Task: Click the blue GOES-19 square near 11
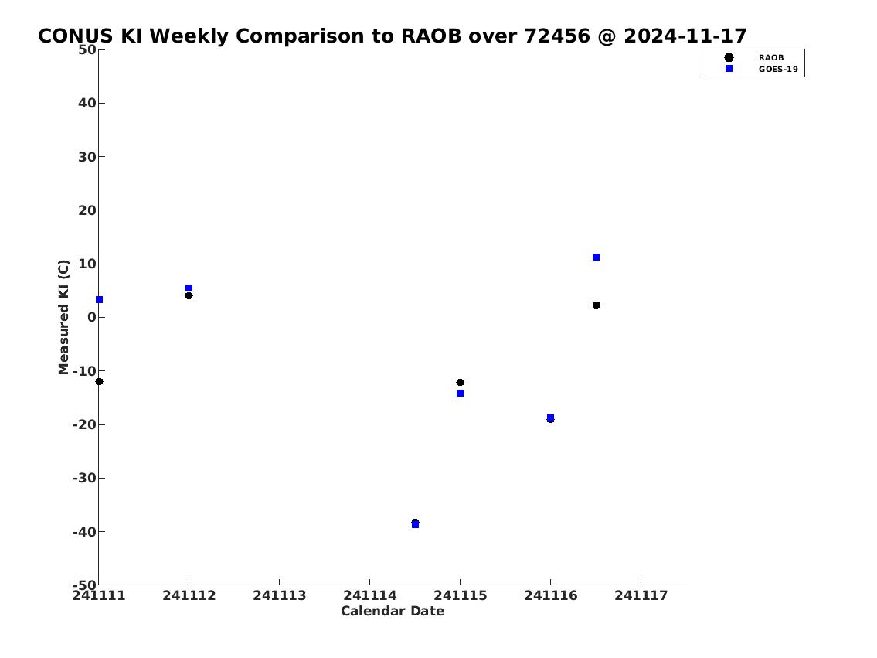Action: pyautogui.click(x=597, y=257)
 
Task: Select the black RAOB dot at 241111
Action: pyautogui.click(x=99, y=382)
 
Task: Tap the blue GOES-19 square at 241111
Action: pyautogui.click(x=99, y=300)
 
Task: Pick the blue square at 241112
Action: pyautogui.click(x=189, y=288)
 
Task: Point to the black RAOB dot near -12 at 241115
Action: pyautogui.click(x=461, y=383)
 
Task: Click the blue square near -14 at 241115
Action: pyautogui.click(x=461, y=394)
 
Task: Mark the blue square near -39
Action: pyautogui.click(x=415, y=525)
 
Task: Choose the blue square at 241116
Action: pyautogui.click(x=550, y=418)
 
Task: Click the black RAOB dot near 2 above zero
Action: pyautogui.click(x=597, y=305)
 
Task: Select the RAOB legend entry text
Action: pyautogui.click(x=771, y=58)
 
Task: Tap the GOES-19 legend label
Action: pyautogui.click(x=778, y=70)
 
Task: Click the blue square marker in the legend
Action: pyautogui.click(x=729, y=68)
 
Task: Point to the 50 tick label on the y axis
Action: pyautogui.click(x=87, y=49)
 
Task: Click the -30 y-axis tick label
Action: pyautogui.click(x=84, y=479)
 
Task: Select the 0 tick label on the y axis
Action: pyautogui.click(x=92, y=317)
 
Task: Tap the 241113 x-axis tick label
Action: pyautogui.click(x=280, y=595)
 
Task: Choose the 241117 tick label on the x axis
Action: pyautogui.click(x=641, y=595)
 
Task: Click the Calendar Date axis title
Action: pyautogui.click(x=393, y=611)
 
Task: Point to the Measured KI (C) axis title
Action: pyautogui.click(x=63, y=317)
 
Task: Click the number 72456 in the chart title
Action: pyautogui.click(x=557, y=36)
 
